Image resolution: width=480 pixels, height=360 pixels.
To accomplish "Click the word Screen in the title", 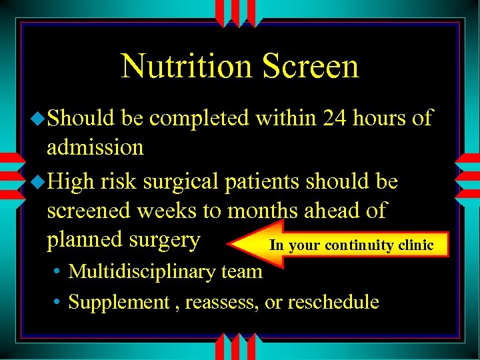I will pos(310,66).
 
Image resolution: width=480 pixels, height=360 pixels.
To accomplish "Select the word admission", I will pos(95,147).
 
